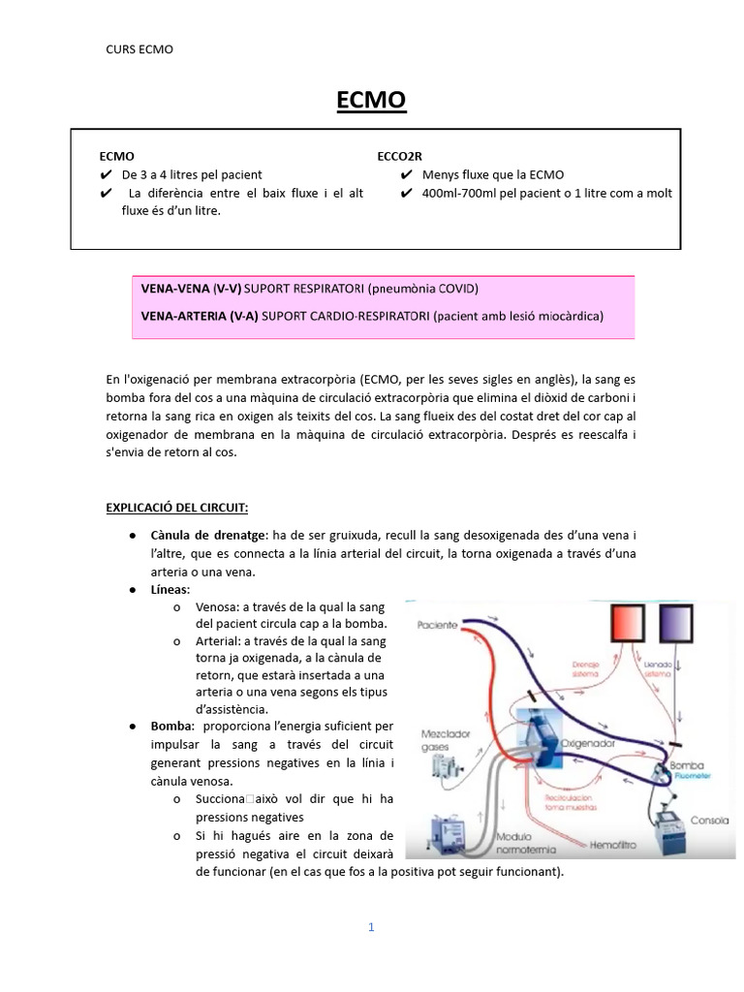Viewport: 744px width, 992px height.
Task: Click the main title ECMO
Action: tap(370, 100)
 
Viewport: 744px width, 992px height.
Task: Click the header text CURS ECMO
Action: tap(139, 48)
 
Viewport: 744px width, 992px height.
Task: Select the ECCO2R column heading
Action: tap(399, 156)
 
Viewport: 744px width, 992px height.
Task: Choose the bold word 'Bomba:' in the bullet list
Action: tap(171, 726)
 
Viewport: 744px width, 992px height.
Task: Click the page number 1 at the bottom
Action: tap(370, 926)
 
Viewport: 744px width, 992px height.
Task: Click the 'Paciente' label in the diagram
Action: tap(439, 625)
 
